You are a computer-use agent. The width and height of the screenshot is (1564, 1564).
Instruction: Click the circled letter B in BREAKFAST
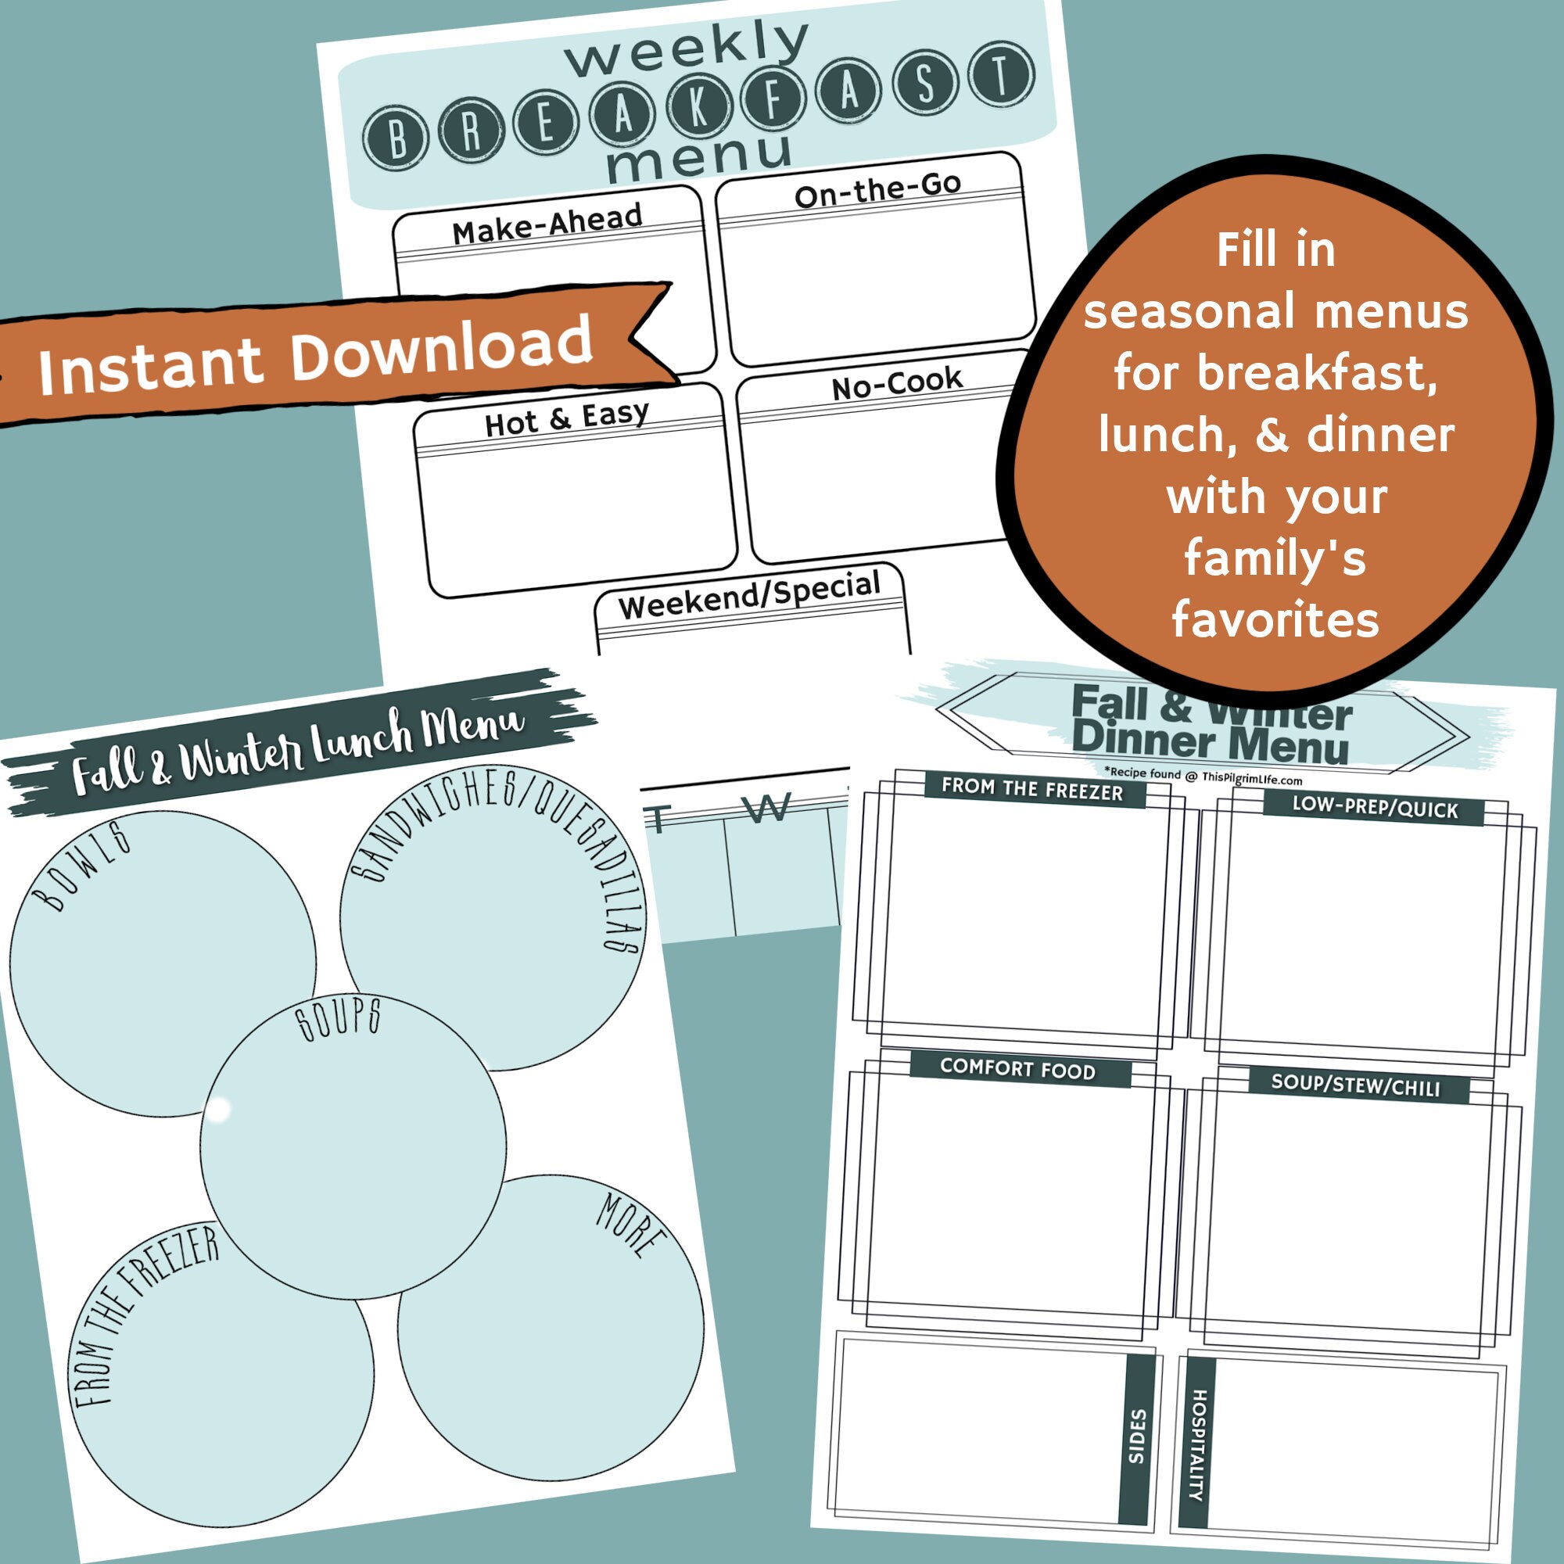click(x=396, y=138)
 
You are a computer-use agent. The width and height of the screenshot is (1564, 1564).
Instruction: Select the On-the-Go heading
click(x=877, y=189)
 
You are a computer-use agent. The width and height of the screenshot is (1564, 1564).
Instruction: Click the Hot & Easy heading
click(x=567, y=418)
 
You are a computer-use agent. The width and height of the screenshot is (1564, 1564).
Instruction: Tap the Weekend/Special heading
click(x=749, y=595)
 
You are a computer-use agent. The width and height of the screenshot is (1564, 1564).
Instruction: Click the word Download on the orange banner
click(x=441, y=348)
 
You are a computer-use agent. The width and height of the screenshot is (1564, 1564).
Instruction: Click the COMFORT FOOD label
click(x=1017, y=1069)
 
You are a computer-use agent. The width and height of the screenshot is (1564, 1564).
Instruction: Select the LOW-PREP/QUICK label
click(x=1375, y=807)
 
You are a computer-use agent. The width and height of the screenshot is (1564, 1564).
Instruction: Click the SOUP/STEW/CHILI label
click(x=1355, y=1085)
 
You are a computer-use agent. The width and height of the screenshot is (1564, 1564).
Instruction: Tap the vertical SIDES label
click(x=1137, y=1436)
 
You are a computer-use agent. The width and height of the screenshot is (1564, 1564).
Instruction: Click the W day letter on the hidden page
click(x=765, y=807)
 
